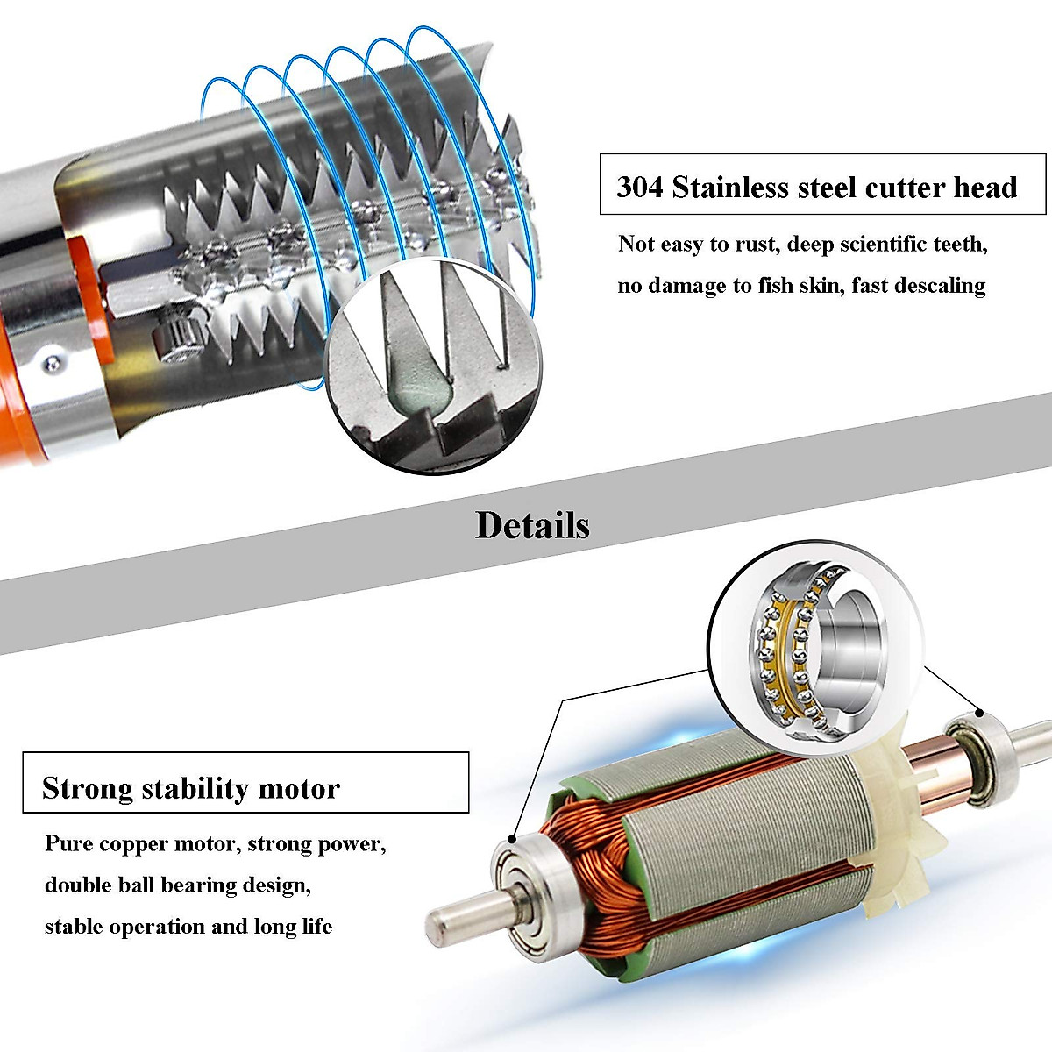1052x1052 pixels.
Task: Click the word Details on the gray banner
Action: point(532,525)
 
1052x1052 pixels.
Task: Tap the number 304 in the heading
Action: point(639,188)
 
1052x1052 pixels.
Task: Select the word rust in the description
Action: point(752,244)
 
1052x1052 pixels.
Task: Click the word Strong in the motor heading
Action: point(87,788)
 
